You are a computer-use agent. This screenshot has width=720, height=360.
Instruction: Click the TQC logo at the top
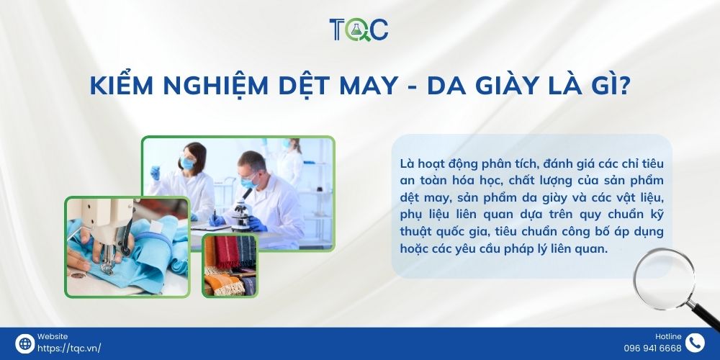(x=359, y=29)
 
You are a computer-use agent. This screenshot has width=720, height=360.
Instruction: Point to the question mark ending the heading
(x=624, y=86)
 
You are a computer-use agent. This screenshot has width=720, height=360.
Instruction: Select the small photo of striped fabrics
(x=230, y=265)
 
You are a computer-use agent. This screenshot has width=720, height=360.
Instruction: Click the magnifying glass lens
(x=662, y=278)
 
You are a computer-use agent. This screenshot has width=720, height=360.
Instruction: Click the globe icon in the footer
(x=24, y=343)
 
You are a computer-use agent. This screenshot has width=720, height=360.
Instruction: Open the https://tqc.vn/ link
(x=69, y=348)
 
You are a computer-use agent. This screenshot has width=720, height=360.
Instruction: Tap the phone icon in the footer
(x=695, y=343)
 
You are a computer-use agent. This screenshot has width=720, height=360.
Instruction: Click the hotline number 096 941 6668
(x=652, y=348)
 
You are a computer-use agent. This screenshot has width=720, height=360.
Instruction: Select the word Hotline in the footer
(x=667, y=336)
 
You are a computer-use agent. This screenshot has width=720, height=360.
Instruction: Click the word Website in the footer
(x=52, y=336)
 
